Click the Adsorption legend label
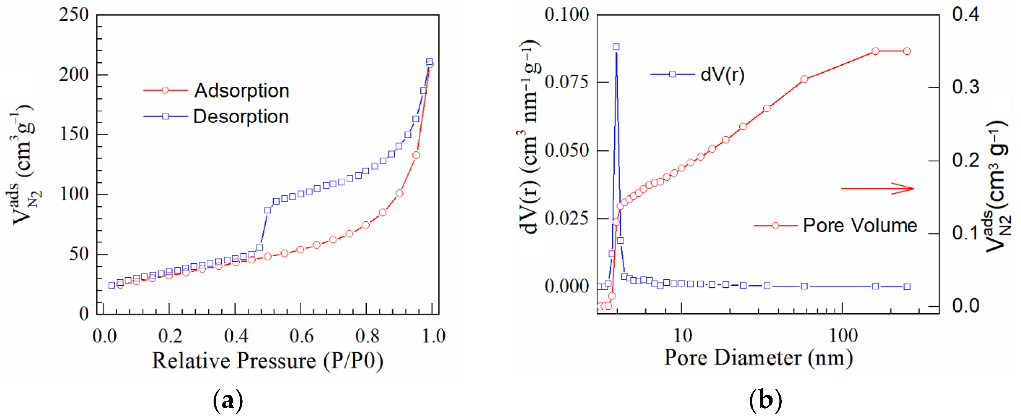coord(242,91)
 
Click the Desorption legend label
coord(241,117)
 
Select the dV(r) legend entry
coord(722,75)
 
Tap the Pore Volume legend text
coord(860,226)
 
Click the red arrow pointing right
coord(877,188)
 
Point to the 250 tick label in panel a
coord(74,15)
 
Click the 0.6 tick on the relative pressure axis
coord(301,336)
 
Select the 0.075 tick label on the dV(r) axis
coord(567,82)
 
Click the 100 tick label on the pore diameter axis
coord(843,336)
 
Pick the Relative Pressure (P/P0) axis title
coord(267,361)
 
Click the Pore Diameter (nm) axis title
coord(758,358)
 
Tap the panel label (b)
coord(765,400)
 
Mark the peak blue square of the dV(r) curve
coord(616,47)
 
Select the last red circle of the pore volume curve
coord(907,51)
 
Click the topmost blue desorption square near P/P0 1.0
coord(429,62)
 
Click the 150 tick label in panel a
coord(74,134)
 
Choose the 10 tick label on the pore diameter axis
coord(683,336)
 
